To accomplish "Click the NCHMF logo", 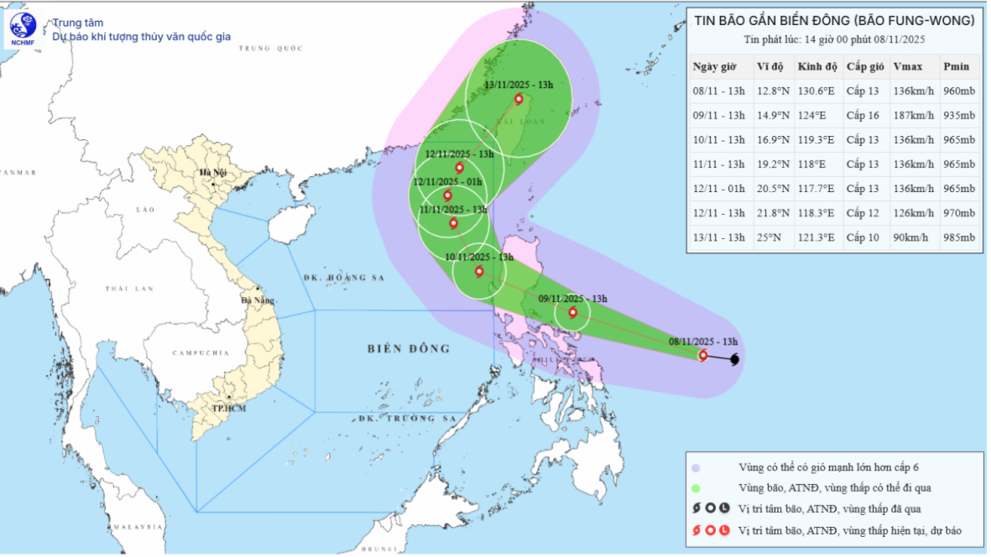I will (x=23, y=30).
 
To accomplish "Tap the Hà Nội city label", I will (x=207, y=173).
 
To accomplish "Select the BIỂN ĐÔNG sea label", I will (x=409, y=348).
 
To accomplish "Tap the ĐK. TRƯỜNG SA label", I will (x=406, y=418).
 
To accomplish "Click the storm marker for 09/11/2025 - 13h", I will (x=573, y=313).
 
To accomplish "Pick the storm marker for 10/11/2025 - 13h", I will (x=479, y=271).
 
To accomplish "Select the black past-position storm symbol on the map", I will (x=734, y=360).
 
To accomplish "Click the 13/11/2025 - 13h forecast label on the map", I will (x=520, y=86).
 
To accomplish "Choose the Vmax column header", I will (x=904, y=67).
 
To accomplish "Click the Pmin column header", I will (x=956, y=67).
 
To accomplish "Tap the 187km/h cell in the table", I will (x=912, y=116).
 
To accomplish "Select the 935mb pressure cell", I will (x=959, y=116).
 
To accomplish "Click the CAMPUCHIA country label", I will (x=201, y=353).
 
